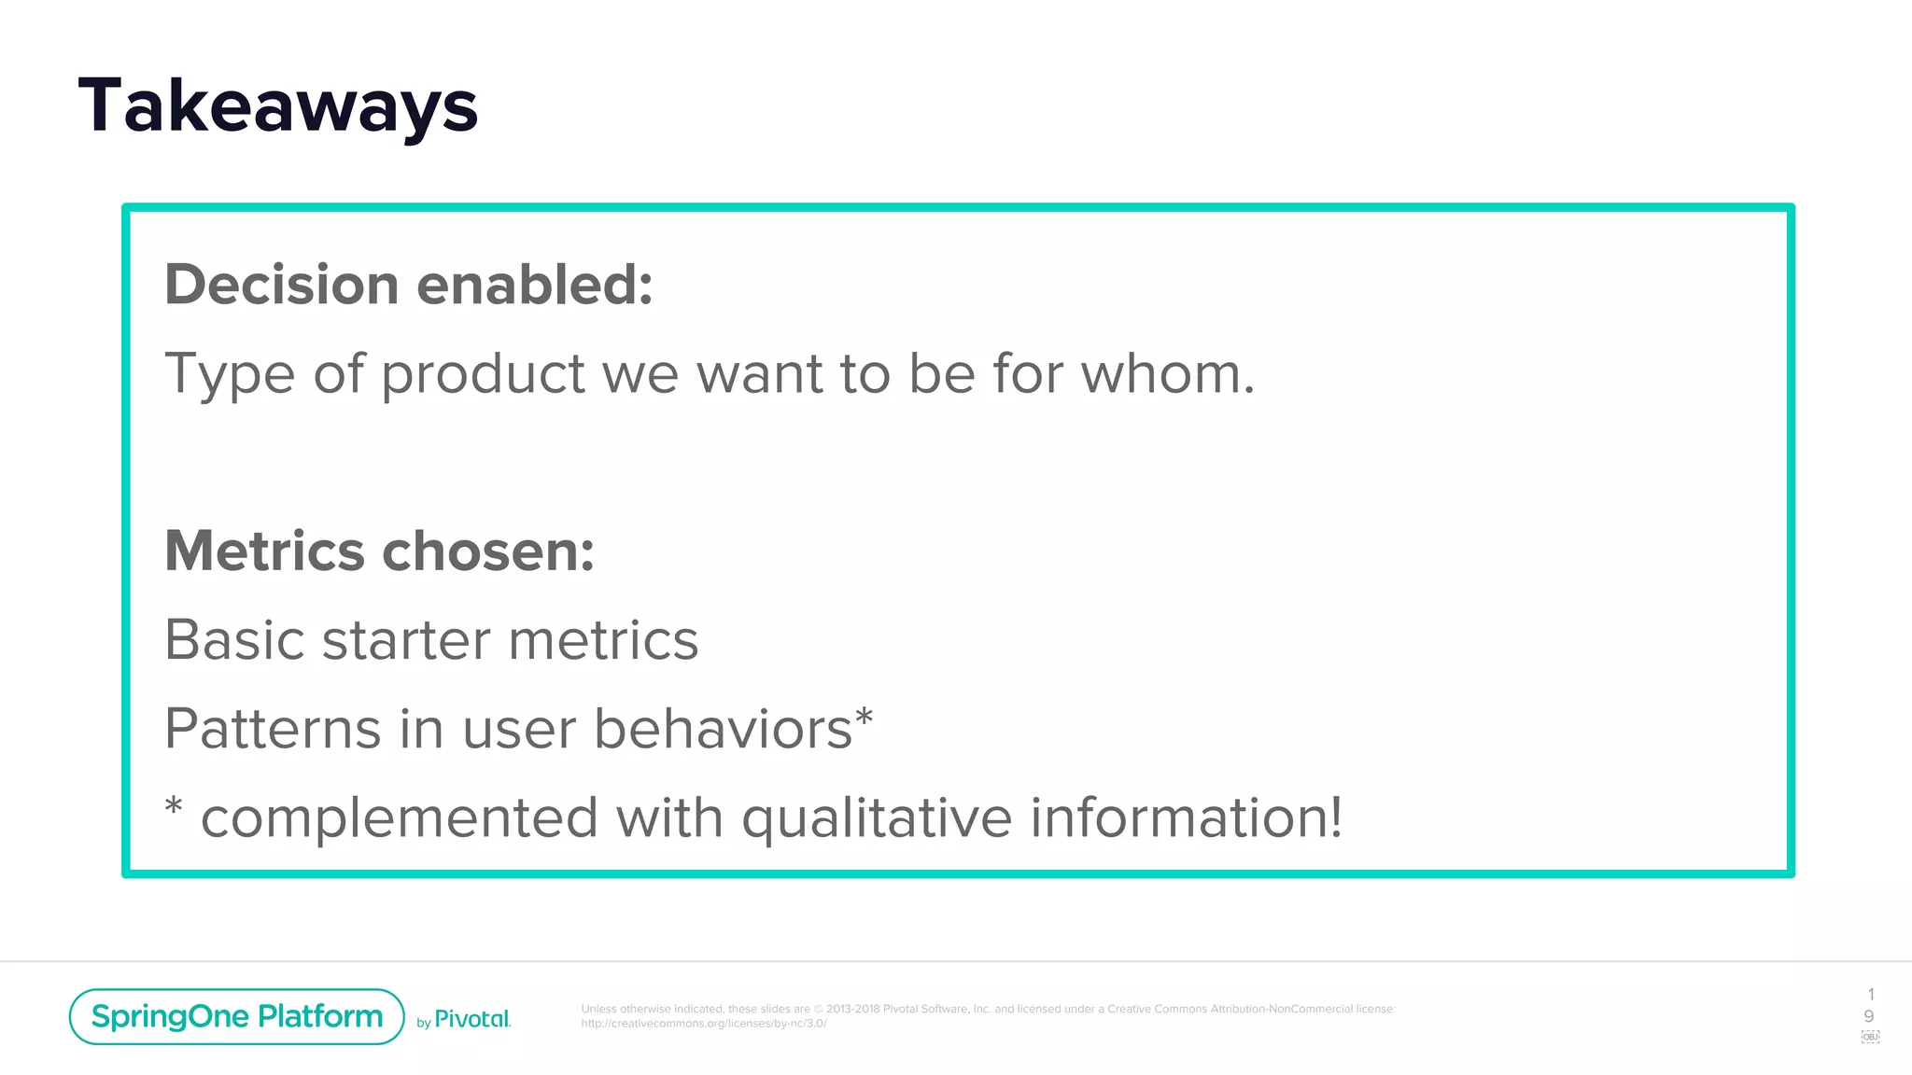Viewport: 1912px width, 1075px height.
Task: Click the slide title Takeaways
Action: (x=278, y=106)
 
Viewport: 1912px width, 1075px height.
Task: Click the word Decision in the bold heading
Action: (x=281, y=284)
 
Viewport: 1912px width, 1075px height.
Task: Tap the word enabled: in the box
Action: (x=534, y=284)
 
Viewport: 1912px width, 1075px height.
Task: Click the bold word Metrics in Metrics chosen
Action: (x=264, y=551)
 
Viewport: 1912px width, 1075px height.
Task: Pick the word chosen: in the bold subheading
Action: (x=488, y=551)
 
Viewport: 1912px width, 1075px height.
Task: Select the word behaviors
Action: (x=723, y=729)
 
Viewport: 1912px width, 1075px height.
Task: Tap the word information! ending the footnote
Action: (x=1186, y=817)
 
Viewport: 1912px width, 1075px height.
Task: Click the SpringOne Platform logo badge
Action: (x=236, y=1016)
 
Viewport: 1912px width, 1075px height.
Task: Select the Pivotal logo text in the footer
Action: (x=472, y=1019)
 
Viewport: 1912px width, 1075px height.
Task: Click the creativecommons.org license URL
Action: (x=703, y=1024)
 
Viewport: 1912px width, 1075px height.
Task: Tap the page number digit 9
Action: (x=1869, y=1016)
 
